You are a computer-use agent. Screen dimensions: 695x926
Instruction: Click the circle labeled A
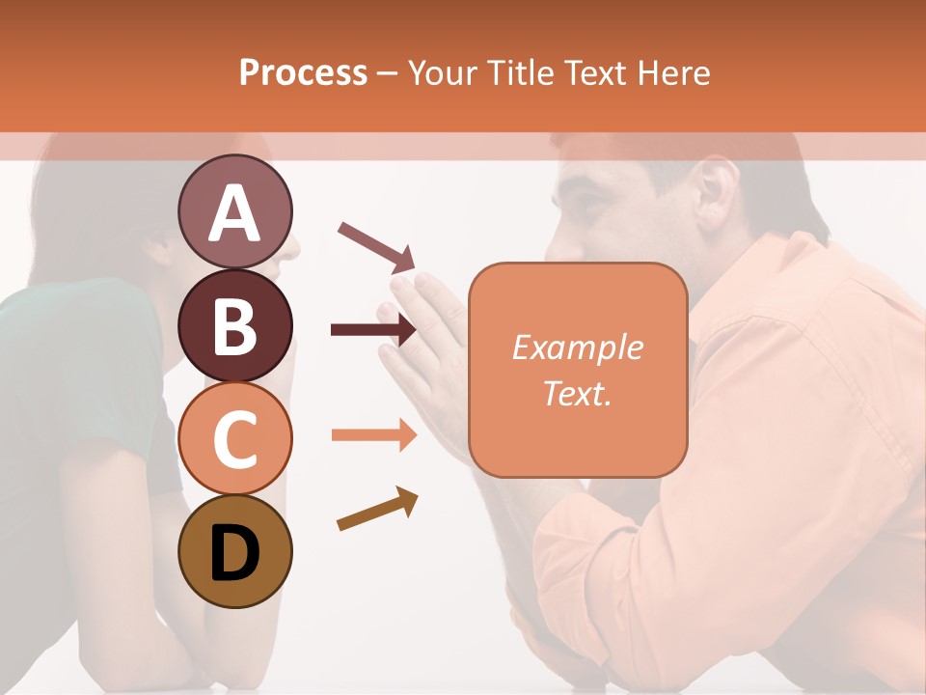pyautogui.click(x=234, y=212)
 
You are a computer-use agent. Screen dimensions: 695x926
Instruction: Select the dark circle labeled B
pyautogui.click(x=234, y=326)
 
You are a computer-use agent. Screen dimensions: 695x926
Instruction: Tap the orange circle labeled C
pyautogui.click(x=234, y=438)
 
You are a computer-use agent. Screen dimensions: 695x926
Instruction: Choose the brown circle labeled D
pyautogui.click(x=234, y=552)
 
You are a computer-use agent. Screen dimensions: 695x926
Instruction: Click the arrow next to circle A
pyautogui.click(x=376, y=246)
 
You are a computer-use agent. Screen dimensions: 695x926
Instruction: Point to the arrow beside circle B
pyautogui.click(x=373, y=330)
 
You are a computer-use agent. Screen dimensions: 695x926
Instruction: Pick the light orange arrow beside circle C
pyautogui.click(x=373, y=435)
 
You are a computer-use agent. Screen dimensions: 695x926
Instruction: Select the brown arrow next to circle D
pyautogui.click(x=377, y=509)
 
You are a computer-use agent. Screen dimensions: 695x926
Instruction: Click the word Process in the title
pyautogui.click(x=303, y=72)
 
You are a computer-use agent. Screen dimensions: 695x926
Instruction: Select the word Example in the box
pyautogui.click(x=577, y=347)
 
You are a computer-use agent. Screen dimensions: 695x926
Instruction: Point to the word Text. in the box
pyautogui.click(x=577, y=393)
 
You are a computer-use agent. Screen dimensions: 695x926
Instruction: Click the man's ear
pyautogui.click(x=716, y=188)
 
